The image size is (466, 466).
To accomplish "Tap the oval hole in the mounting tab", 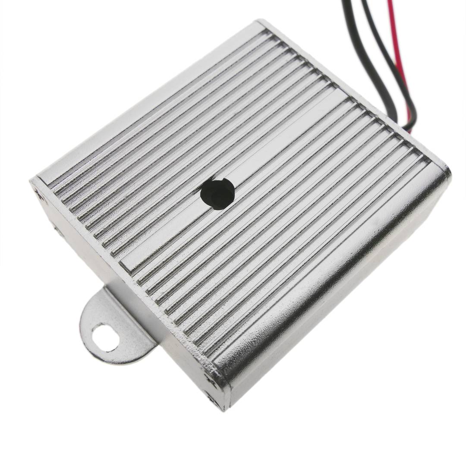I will point(105,337).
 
